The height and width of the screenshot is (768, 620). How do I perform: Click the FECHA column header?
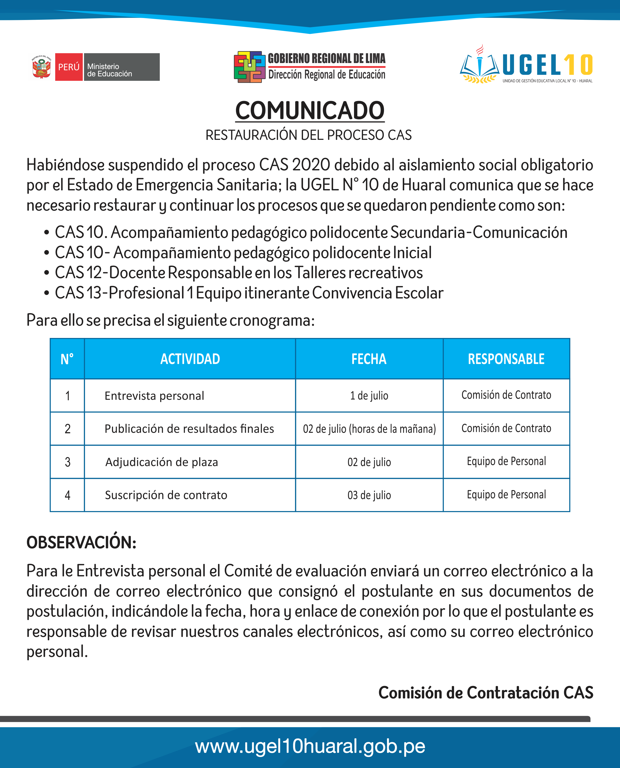pos(369,359)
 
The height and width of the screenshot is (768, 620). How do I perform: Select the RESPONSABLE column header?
pos(506,359)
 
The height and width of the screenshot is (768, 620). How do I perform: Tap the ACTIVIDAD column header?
pos(190,359)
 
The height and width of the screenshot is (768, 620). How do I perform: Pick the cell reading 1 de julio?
pos(369,396)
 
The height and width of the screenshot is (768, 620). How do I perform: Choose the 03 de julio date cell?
pos(369,495)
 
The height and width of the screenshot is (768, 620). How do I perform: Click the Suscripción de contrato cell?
pos(166,495)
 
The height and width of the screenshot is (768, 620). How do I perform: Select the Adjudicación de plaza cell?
pos(161,462)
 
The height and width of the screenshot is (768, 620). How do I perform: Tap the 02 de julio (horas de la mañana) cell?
pos(369,429)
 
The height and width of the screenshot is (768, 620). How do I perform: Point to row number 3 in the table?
pos(67,462)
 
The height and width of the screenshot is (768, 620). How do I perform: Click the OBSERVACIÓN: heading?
pos(81,542)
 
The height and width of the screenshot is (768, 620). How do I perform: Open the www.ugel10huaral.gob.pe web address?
pos(310,746)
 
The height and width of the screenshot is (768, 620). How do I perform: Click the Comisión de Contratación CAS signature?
pos(486,693)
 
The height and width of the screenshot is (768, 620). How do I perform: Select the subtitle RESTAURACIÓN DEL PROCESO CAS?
pos(308,135)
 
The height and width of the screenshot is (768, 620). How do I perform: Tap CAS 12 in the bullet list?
pos(79,273)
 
